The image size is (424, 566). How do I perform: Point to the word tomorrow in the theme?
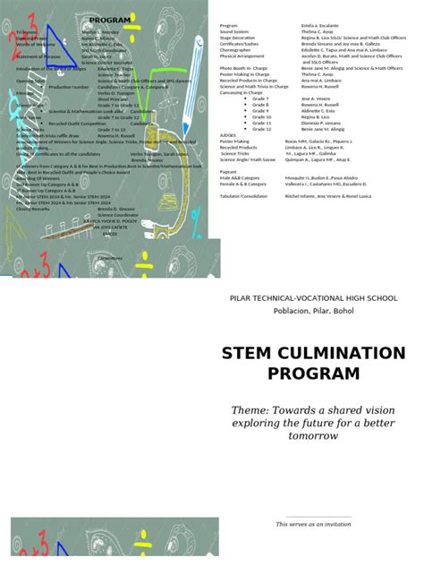(312, 435)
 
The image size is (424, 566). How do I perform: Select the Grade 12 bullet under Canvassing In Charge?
(260, 129)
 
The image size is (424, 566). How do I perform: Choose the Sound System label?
(234, 32)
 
